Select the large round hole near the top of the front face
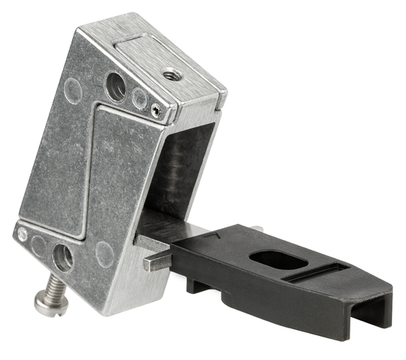click(x=116, y=87)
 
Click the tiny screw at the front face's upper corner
click(x=155, y=110)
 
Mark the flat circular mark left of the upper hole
click(x=74, y=91)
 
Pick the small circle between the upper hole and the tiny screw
click(x=139, y=97)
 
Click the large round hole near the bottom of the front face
click(x=63, y=257)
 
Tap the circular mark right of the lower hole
click(x=104, y=253)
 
